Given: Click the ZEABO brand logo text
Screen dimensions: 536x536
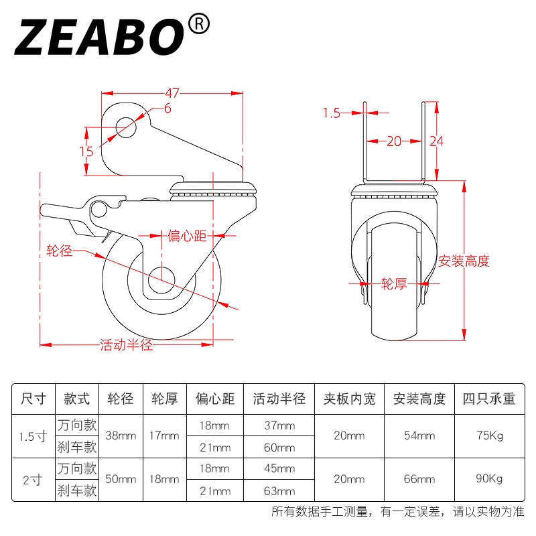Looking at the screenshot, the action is [x=99, y=37].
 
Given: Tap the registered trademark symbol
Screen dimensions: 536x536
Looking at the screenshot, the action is [x=199, y=24].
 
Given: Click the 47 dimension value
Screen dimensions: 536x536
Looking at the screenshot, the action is [x=172, y=93].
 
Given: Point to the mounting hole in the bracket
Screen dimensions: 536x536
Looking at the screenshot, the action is [x=126, y=127].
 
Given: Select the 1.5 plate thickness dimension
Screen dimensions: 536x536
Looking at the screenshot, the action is [x=332, y=113].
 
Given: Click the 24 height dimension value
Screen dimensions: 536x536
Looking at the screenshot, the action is [x=437, y=141].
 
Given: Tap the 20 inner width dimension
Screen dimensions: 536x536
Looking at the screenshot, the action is [x=394, y=141].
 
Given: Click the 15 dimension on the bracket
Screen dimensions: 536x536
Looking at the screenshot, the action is [x=86, y=151].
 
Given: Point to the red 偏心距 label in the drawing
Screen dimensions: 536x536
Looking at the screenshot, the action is [x=187, y=236].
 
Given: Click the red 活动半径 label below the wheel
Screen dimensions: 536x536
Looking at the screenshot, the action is [x=127, y=345].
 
